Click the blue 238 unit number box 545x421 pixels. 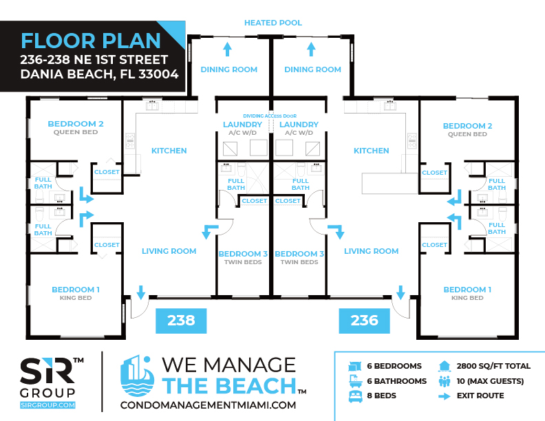(x=181, y=321)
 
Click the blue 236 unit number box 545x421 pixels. (x=364, y=321)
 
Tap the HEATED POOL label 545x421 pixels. (x=273, y=23)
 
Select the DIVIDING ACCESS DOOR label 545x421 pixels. (x=270, y=116)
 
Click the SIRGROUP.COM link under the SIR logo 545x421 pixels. (x=47, y=405)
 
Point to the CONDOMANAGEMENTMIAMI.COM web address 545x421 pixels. (x=209, y=405)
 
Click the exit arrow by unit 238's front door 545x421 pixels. (x=141, y=292)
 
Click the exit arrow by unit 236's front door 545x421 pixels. (x=400, y=292)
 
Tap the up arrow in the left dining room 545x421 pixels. (x=227, y=49)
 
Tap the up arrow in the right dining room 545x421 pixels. (x=311, y=49)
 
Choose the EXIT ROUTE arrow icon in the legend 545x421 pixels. (x=445, y=396)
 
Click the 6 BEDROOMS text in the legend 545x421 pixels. (x=394, y=366)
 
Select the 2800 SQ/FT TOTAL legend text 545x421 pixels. (x=493, y=366)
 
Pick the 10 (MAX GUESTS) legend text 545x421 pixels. (x=490, y=381)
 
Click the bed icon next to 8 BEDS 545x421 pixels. (x=355, y=396)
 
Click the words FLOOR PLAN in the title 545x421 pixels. (x=91, y=41)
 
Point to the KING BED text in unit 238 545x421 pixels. (x=76, y=298)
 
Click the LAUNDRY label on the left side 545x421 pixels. (x=242, y=125)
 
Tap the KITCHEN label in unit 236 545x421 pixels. (x=371, y=151)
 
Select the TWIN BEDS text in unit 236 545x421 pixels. (x=299, y=262)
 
